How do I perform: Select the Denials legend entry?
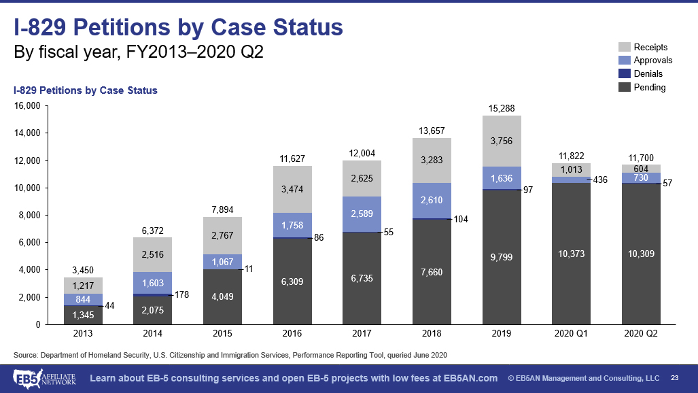pyautogui.click(x=648, y=73)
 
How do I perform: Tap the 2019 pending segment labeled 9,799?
pyautogui.click(x=501, y=258)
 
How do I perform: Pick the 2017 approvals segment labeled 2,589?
pyautogui.click(x=362, y=214)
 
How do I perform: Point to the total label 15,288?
pyautogui.click(x=501, y=108)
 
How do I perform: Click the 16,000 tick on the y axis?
pyautogui.click(x=29, y=106)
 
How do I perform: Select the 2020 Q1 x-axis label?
pyautogui.click(x=571, y=334)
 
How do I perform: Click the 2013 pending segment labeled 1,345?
pyautogui.click(x=83, y=315)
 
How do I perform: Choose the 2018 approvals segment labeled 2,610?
pyautogui.click(x=432, y=201)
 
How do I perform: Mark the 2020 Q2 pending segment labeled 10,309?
pyautogui.click(x=641, y=254)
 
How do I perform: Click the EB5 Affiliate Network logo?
pyautogui.click(x=43, y=377)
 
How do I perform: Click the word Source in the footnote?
pyautogui.click(x=25, y=355)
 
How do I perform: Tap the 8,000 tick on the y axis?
pyautogui.click(x=31, y=216)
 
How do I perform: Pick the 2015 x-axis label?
pyautogui.click(x=222, y=334)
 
